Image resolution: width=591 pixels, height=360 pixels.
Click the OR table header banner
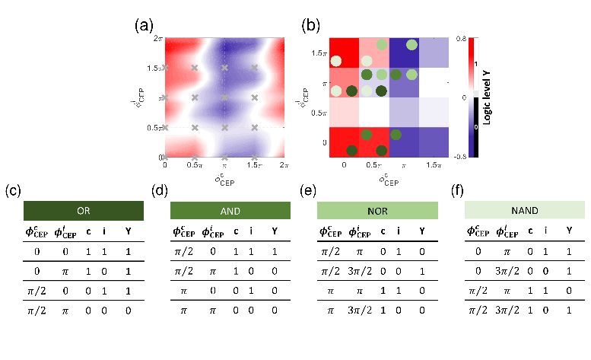[84, 211]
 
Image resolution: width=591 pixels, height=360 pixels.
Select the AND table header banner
[230, 211]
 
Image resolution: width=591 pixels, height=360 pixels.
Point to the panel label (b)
[311, 25]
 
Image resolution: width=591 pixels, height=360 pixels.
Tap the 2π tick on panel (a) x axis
[283, 164]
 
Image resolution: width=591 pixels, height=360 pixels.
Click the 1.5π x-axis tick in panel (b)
[434, 164]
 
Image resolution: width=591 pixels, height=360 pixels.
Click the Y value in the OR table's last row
[127, 311]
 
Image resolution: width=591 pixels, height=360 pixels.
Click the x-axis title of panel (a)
[224, 180]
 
